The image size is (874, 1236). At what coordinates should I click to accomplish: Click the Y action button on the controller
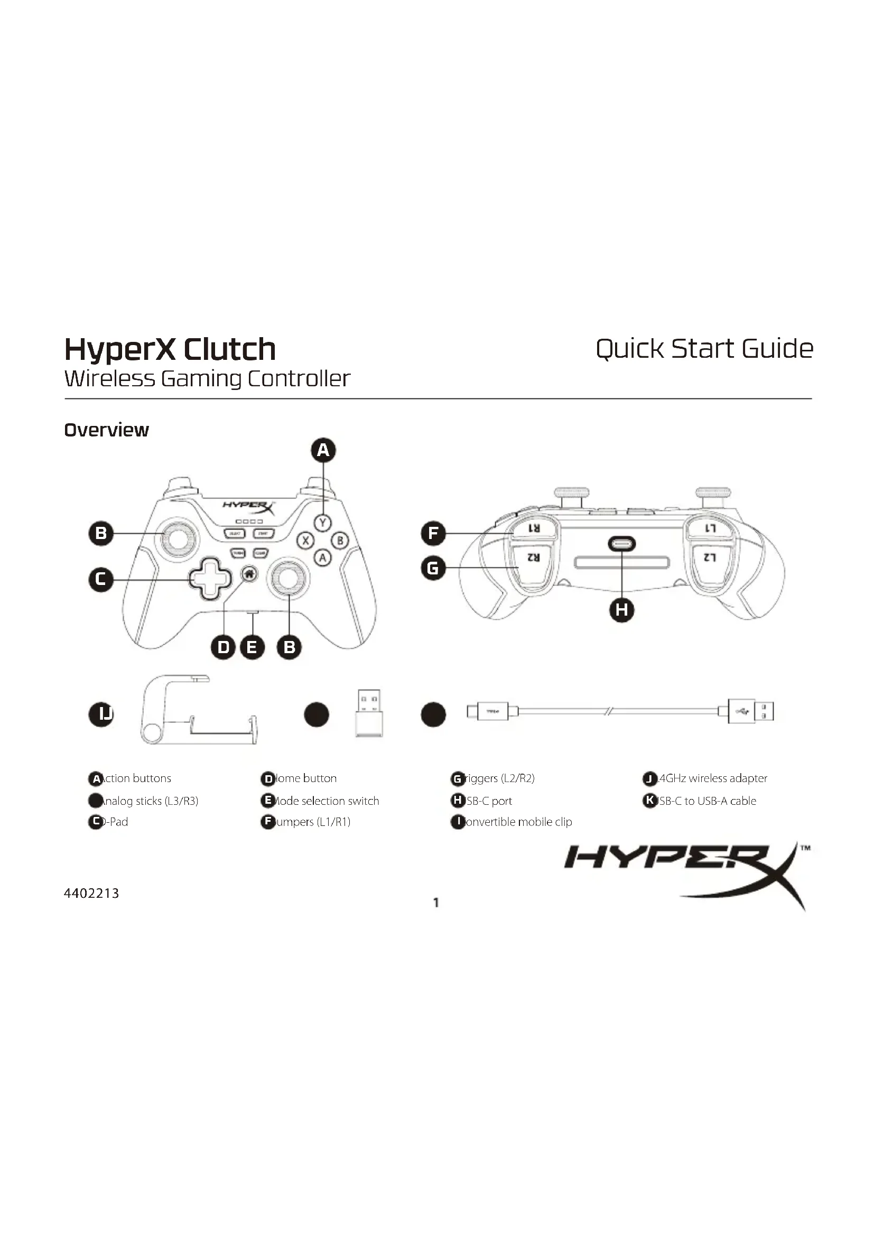pos(322,522)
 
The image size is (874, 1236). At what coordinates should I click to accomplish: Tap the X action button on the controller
pos(305,540)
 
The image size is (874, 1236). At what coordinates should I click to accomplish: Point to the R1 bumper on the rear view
pos(534,528)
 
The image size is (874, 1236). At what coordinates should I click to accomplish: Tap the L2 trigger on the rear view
pos(709,557)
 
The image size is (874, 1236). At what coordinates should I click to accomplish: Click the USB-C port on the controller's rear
pos(621,544)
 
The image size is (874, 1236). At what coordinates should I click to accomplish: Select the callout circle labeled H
pos(621,610)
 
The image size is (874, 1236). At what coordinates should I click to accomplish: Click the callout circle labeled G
pos(433,568)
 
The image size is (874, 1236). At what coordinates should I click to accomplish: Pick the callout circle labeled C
pos(100,579)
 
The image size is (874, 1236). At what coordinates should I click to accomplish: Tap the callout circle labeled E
pos(252,647)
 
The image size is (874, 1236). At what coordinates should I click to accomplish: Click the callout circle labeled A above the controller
pos(323,450)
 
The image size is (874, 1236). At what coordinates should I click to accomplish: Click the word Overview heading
pos(107,430)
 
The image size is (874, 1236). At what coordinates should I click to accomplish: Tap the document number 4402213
pos(91,894)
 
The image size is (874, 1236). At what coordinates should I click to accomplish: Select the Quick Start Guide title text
pos(704,349)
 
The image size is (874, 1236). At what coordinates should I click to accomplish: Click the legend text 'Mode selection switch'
pos(326,801)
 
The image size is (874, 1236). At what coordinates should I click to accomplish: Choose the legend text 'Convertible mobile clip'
pos(517,822)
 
